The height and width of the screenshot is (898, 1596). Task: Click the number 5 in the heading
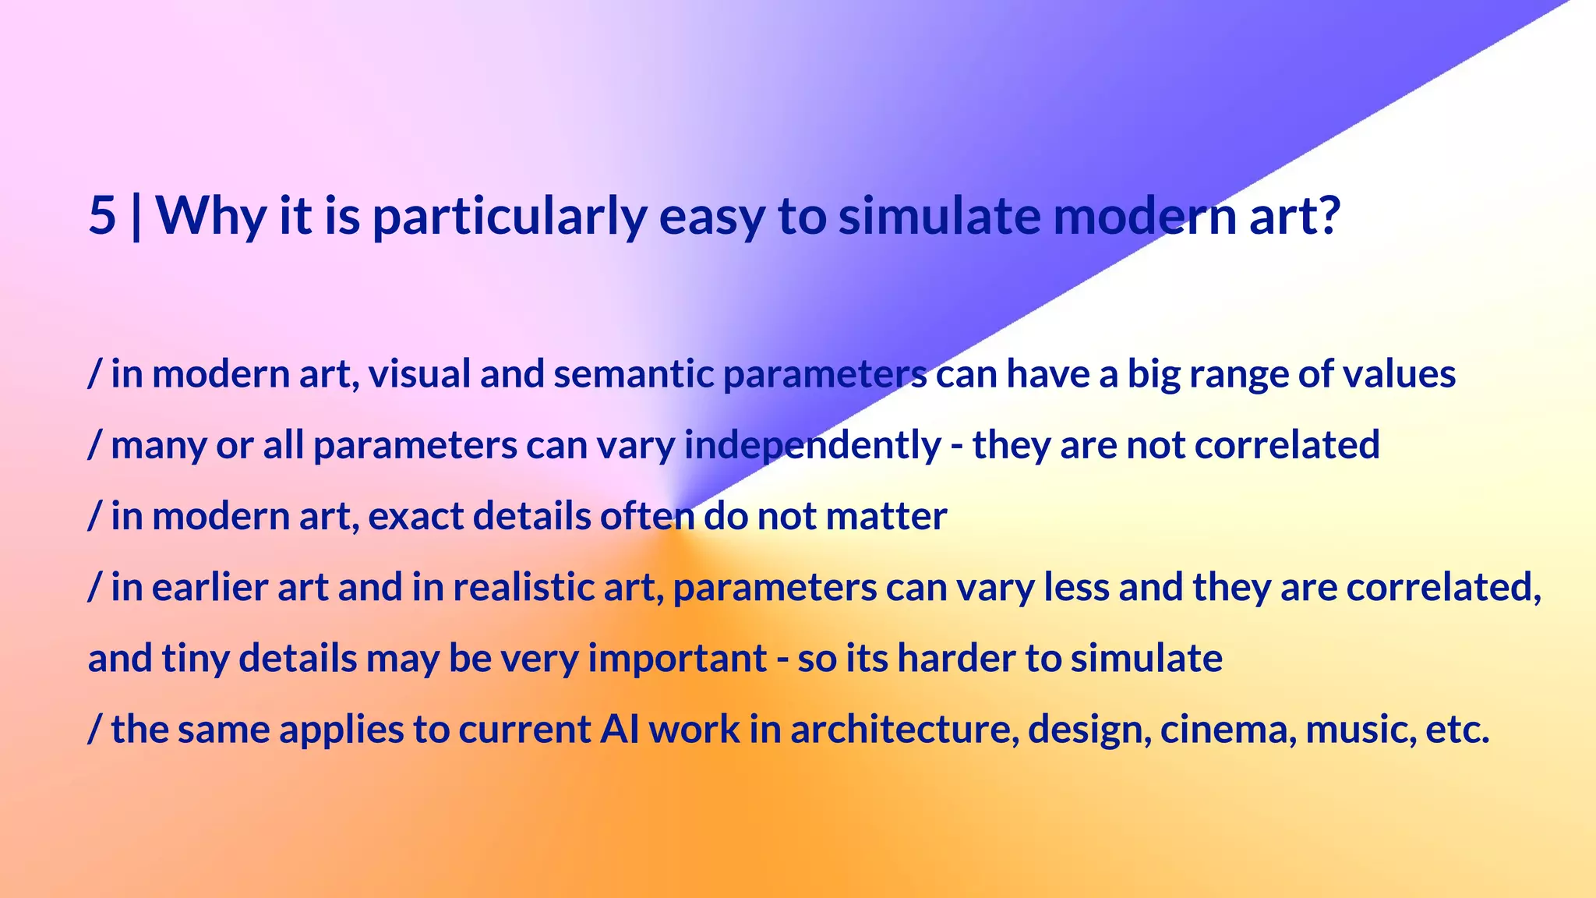click(x=102, y=215)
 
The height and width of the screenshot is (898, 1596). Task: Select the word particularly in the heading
click(x=509, y=217)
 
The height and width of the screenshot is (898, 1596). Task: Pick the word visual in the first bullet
click(x=419, y=374)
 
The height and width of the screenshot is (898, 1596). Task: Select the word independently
click(x=812, y=446)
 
